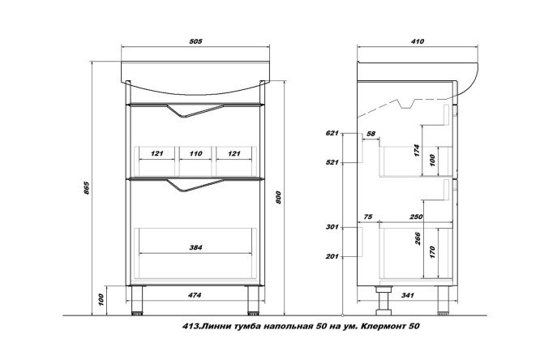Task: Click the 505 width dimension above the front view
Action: coord(195,41)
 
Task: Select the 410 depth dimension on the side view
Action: coord(418,41)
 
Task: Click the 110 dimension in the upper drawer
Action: coord(195,152)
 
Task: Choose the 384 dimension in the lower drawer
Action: coord(195,246)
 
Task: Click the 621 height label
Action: coord(331,132)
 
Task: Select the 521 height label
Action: coord(331,162)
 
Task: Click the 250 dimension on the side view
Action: coord(417,218)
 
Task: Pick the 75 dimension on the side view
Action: coord(369,218)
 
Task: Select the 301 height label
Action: coord(331,228)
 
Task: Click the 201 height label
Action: coord(331,258)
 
